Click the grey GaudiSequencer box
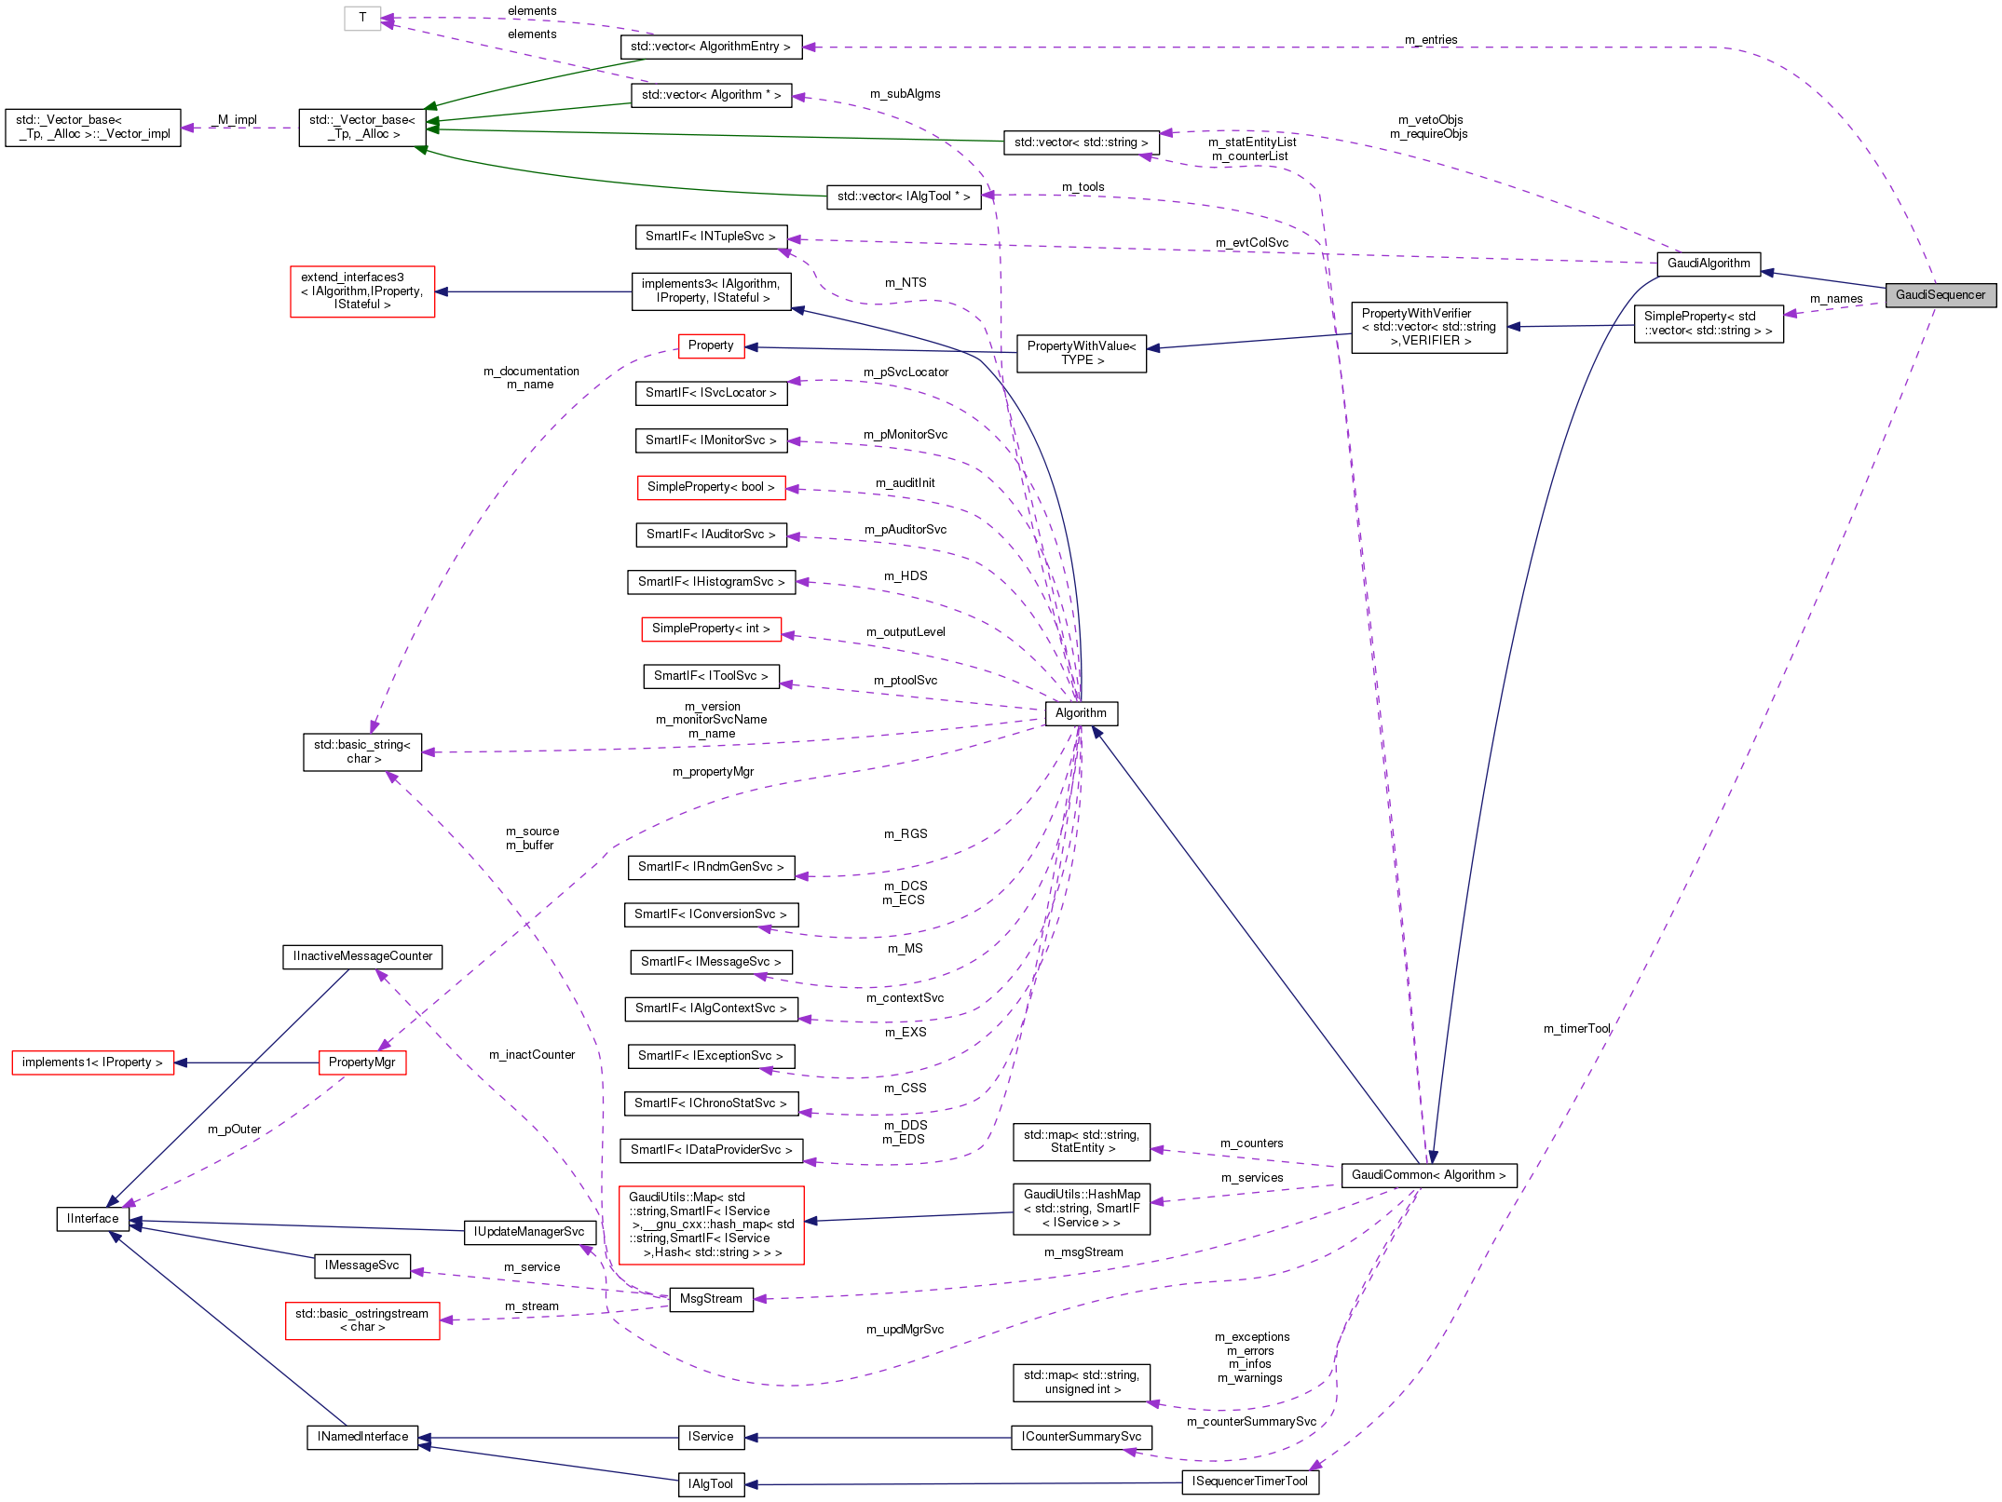[1940, 295]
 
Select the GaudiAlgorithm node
[1708, 264]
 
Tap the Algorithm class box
[1081, 713]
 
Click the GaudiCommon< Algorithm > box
[1428, 1175]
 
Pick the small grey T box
[362, 18]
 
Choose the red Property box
[711, 345]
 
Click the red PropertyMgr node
[361, 1062]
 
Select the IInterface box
[92, 1219]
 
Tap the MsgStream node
[711, 1299]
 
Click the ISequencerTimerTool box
[1249, 1482]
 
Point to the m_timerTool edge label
[1576, 1029]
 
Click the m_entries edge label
[1431, 40]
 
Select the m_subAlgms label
[905, 94]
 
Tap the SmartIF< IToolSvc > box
[711, 676]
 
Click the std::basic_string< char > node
[361, 751]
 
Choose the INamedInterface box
[362, 1437]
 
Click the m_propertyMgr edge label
[713, 772]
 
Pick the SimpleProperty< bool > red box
[711, 487]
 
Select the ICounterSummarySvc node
[1081, 1437]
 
